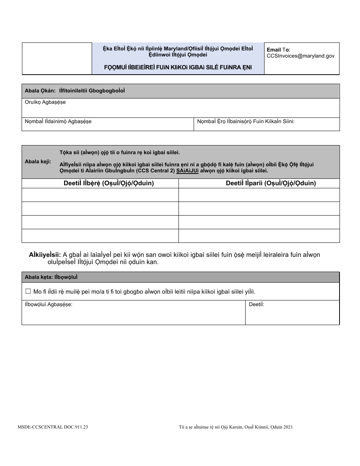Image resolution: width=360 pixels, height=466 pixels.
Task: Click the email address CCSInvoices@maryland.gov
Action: click(x=301, y=56)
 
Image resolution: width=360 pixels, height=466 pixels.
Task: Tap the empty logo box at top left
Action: click(x=57, y=58)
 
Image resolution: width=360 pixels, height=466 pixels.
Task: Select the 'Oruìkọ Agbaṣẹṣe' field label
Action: click(x=45, y=103)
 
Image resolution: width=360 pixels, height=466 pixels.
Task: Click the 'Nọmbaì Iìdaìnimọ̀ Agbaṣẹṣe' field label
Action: click(x=58, y=122)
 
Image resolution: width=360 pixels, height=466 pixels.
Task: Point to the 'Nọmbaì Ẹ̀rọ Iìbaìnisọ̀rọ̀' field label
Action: click(x=246, y=122)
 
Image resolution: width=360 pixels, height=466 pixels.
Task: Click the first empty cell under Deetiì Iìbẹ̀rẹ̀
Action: click(x=100, y=195)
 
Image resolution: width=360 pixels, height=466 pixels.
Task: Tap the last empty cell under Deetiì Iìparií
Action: click(x=259, y=236)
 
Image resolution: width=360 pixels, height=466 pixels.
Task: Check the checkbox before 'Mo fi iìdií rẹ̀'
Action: click(x=28, y=291)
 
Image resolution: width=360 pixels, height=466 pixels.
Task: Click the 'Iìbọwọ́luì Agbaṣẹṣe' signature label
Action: click(x=49, y=304)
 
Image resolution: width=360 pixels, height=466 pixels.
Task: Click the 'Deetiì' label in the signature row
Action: click(x=257, y=304)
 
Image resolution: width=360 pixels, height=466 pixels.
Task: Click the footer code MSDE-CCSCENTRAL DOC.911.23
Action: click(x=53, y=427)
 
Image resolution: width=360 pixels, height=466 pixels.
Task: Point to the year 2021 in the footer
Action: click(x=287, y=427)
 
